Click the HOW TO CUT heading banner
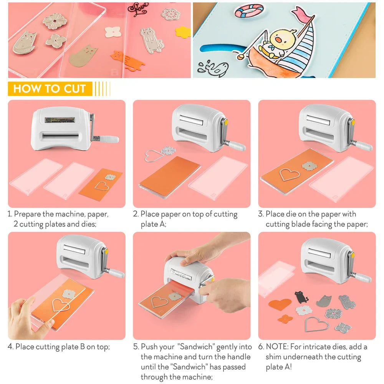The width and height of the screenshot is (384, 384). click(50, 89)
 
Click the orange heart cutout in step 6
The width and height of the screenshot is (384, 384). click(280, 305)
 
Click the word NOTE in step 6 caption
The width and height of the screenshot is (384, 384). click(276, 347)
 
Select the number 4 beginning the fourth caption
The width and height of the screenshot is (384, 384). click(10, 347)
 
